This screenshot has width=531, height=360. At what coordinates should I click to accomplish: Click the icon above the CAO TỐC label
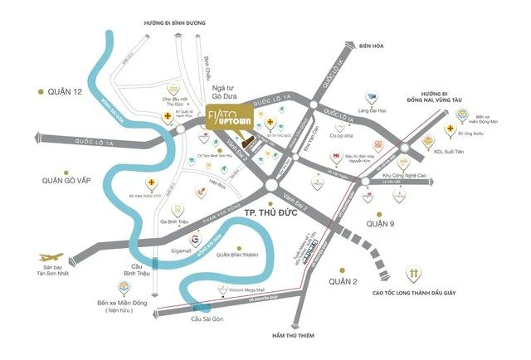(x=412, y=273)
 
